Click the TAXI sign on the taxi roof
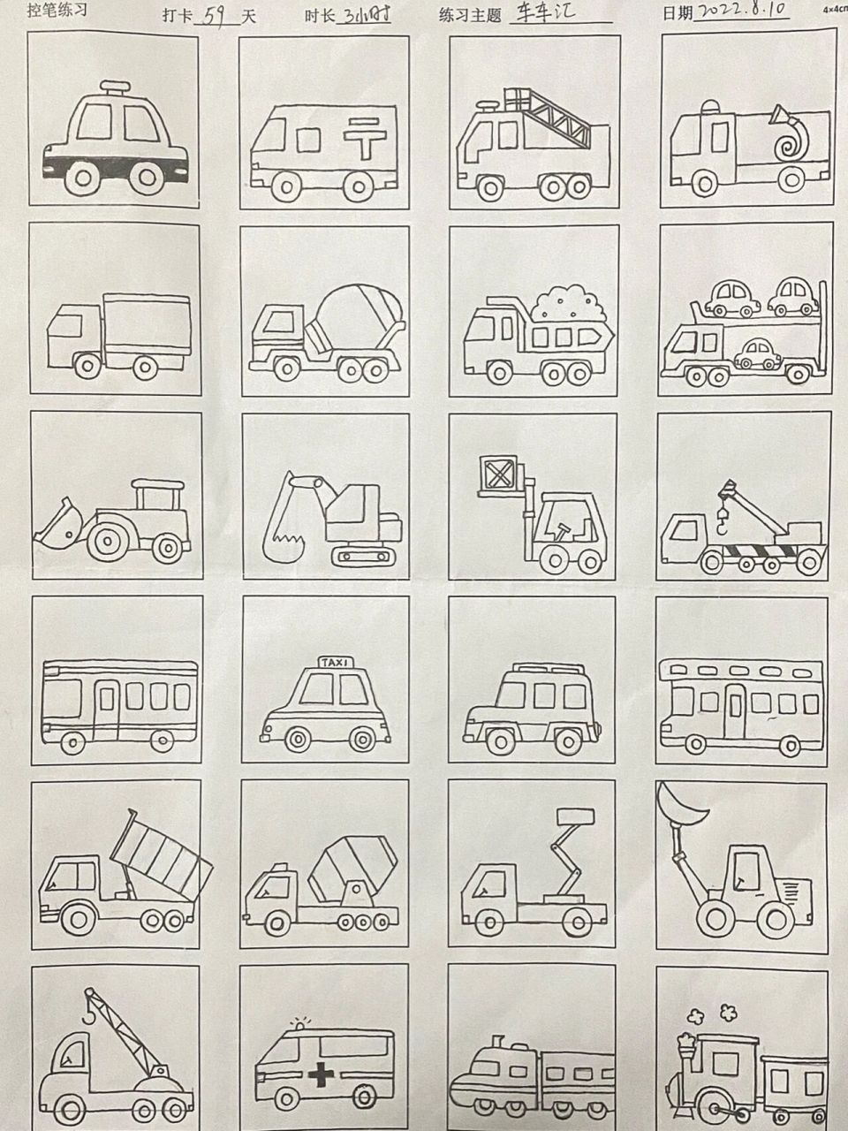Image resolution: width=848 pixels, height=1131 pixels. point(334,662)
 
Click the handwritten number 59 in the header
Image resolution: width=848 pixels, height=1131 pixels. point(212,16)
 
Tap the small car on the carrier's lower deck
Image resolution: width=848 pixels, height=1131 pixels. point(759,354)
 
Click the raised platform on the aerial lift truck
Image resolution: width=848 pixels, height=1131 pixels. point(574,815)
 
